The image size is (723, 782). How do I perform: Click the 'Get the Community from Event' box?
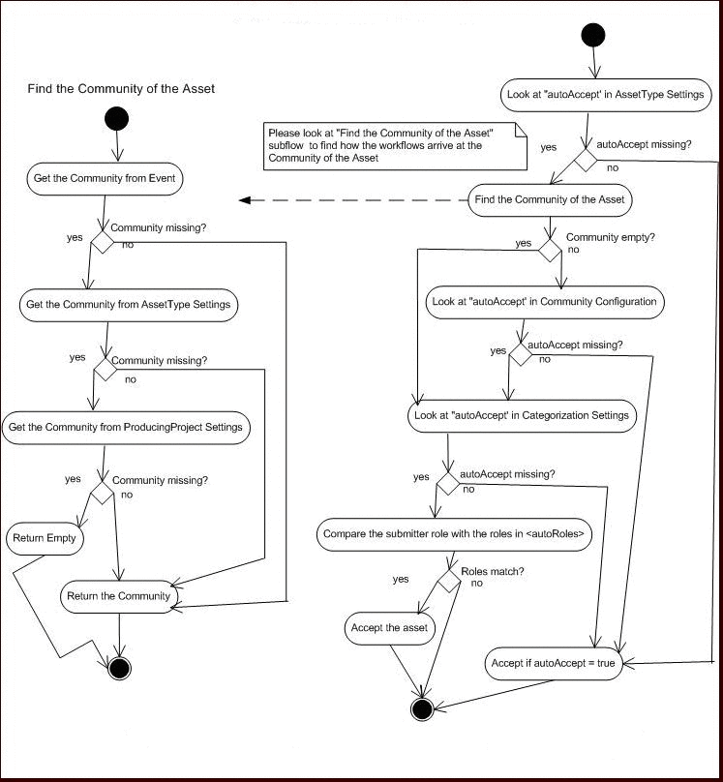[93, 178]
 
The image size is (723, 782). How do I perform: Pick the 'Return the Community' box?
[118, 596]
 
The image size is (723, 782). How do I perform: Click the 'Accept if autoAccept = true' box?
[552, 664]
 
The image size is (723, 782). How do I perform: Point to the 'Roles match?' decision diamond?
[449, 580]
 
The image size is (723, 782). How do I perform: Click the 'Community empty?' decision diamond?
[550, 249]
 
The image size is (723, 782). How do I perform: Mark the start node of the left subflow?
[116, 119]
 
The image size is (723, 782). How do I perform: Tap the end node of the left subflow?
[118, 668]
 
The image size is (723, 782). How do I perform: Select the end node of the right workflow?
[421, 708]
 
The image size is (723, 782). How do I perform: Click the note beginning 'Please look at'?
[394, 146]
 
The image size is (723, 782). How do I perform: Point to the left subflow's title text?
[121, 88]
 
